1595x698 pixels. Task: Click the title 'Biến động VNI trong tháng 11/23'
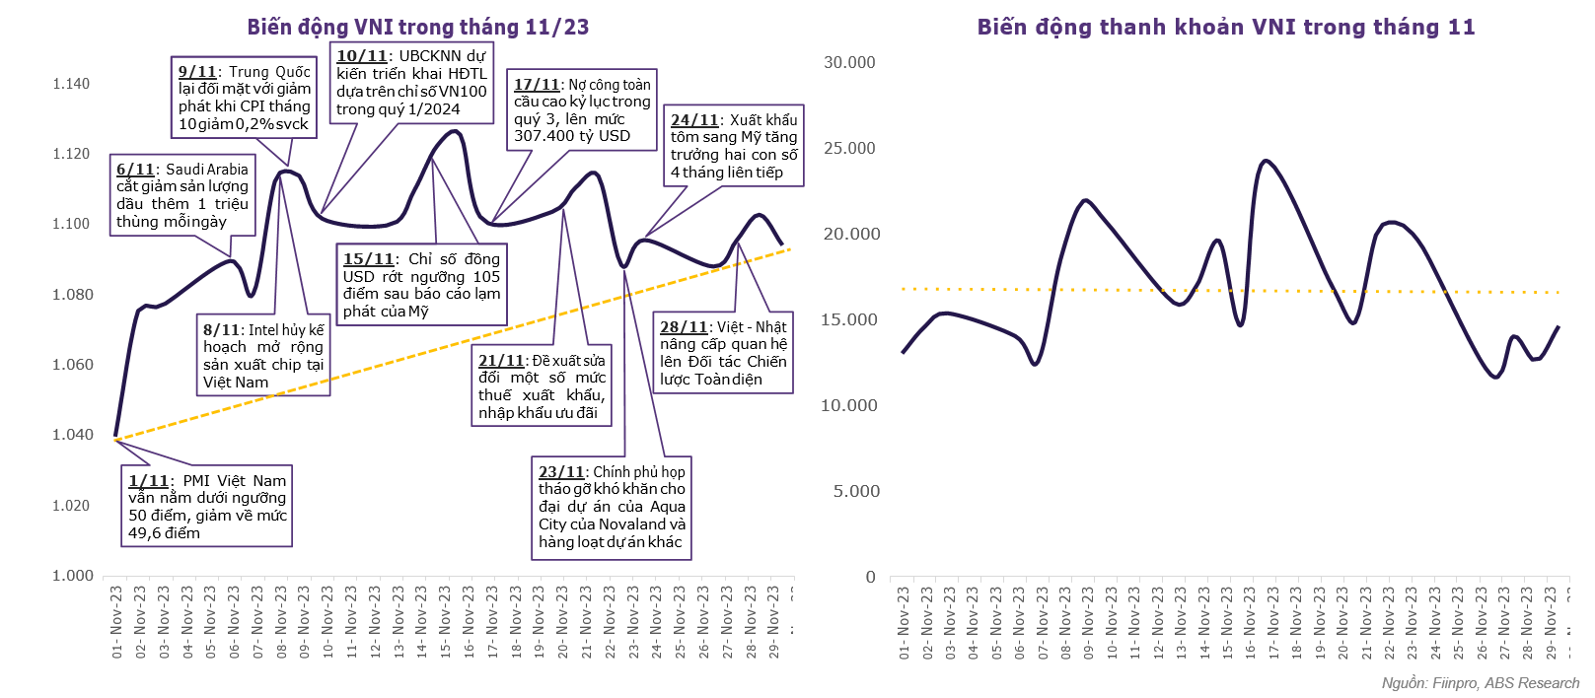coord(418,27)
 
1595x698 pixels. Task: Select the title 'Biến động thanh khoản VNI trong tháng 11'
coord(1225,27)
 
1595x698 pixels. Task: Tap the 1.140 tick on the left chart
coord(71,84)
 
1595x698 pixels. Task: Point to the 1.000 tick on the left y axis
coord(71,576)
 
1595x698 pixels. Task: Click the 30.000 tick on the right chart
coord(849,62)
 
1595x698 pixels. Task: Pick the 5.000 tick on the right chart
coord(855,491)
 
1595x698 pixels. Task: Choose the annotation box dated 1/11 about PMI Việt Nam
coord(207,507)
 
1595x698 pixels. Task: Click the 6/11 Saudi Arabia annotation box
coord(183,195)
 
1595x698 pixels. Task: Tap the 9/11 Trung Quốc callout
coord(245,98)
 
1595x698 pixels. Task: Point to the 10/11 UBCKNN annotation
coord(411,83)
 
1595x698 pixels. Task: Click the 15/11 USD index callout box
coord(421,285)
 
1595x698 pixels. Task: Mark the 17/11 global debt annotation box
coord(582,110)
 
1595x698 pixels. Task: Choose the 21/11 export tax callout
coord(542,386)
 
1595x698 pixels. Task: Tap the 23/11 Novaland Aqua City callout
coord(612,507)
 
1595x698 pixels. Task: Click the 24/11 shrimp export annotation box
coord(734,146)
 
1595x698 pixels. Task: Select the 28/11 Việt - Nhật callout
coord(723,353)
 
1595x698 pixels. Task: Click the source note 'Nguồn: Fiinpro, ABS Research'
coord(1480,683)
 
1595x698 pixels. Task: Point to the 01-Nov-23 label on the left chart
coord(116,621)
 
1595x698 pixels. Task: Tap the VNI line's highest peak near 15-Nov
coord(455,131)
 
